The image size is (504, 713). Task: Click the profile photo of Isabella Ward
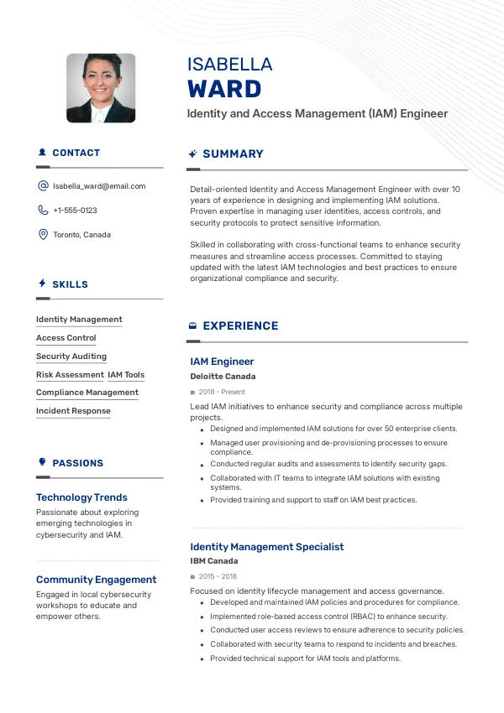point(101,88)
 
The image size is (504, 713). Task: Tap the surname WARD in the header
point(224,89)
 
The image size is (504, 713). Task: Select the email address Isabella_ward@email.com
point(99,186)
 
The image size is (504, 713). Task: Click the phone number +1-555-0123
point(75,211)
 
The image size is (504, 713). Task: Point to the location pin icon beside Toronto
point(43,235)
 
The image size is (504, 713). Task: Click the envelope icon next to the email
point(43,186)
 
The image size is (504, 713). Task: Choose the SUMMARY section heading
point(233,154)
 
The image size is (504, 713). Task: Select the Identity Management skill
point(79,320)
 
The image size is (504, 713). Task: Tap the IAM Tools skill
point(126,375)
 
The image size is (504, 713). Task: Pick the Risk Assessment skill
point(70,375)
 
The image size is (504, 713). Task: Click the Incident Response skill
point(73,411)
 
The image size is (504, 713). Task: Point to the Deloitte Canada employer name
point(223,377)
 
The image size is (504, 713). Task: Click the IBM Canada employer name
point(214,561)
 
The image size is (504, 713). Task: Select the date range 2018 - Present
point(222,392)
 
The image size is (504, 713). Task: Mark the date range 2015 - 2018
point(218,576)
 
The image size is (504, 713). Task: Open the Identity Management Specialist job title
point(267,547)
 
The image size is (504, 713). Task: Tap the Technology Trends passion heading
point(81,497)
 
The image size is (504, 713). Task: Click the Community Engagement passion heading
point(96,580)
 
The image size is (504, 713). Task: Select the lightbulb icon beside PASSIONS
point(42,462)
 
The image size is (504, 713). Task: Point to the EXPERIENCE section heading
point(240,326)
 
